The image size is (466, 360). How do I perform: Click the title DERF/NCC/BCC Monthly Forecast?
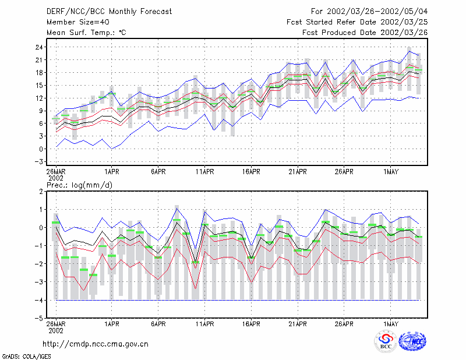coord(109,12)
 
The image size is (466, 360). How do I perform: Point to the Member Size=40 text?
coord(78,22)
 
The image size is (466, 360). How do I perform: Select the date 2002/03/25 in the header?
coord(404,22)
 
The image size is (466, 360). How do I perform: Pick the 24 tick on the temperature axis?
coord(40,47)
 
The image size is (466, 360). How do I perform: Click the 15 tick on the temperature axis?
coord(40,85)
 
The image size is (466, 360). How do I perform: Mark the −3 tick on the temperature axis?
coord(38,162)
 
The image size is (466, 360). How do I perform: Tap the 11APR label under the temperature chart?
coord(205,171)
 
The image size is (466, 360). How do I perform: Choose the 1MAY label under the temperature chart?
coord(390,171)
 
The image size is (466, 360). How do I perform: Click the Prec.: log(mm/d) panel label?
coord(79,185)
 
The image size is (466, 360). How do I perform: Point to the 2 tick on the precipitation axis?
coord(41,192)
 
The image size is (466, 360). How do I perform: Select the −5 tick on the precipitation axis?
coord(38,318)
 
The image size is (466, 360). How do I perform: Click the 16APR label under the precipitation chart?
coord(251,324)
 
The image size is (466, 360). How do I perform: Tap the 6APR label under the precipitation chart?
coord(158,324)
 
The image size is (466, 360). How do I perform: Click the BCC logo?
coord(386,341)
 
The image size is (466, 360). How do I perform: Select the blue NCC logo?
coord(412,341)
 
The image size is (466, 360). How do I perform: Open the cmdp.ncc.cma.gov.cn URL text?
coord(96,344)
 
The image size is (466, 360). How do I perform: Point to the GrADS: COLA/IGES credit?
coord(26,357)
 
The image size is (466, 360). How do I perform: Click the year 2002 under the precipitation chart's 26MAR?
coord(56,330)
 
